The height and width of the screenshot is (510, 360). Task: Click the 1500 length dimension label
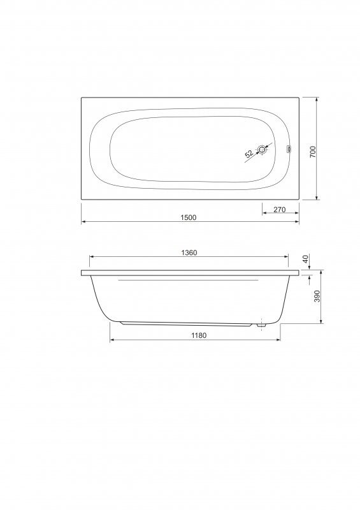click(x=189, y=217)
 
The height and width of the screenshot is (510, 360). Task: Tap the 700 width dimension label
click(x=313, y=152)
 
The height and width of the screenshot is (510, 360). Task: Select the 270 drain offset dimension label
click(x=279, y=210)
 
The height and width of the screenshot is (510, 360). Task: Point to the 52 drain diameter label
click(x=249, y=154)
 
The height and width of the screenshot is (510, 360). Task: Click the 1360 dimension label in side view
click(x=189, y=252)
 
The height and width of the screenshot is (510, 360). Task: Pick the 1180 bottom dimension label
click(x=199, y=335)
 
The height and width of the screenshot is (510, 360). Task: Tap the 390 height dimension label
click(x=317, y=296)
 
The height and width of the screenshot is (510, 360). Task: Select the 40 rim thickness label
click(x=305, y=259)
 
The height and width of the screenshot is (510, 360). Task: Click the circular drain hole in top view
click(x=262, y=150)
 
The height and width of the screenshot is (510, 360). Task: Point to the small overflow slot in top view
click(x=288, y=150)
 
